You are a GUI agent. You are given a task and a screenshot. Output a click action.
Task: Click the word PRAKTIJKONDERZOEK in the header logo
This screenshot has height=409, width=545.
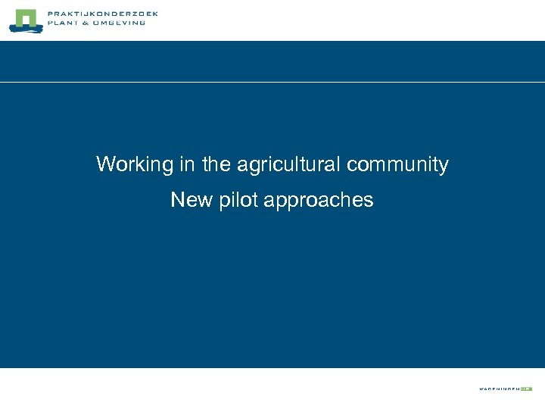(102, 14)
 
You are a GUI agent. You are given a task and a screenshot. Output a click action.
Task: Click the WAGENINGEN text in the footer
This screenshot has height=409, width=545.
(498, 389)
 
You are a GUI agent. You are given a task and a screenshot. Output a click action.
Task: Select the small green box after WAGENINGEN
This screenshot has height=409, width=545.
(526, 389)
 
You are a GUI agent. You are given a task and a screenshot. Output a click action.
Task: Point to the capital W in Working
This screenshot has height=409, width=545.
(104, 164)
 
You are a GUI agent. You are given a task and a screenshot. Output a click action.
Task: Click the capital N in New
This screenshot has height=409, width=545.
(177, 200)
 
